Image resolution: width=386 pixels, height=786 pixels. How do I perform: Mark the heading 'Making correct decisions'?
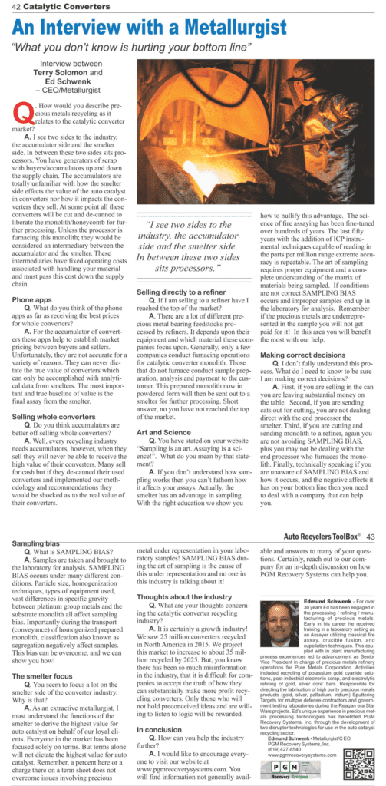point(300,355)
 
